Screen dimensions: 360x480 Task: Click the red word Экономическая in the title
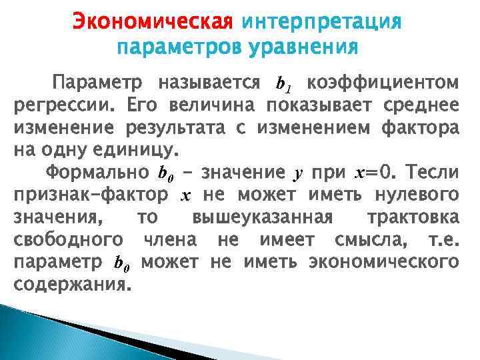click(x=153, y=23)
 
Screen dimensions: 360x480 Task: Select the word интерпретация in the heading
click(x=321, y=23)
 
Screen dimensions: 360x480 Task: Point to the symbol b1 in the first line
click(x=283, y=85)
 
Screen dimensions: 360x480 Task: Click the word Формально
click(x=97, y=173)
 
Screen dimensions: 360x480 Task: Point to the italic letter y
click(x=299, y=175)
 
